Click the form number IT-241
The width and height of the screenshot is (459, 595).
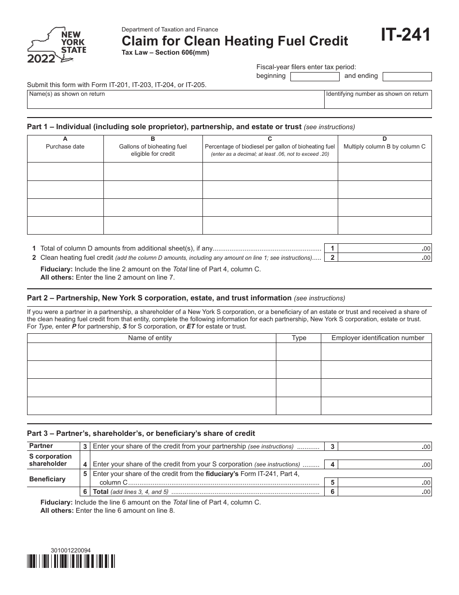click(x=406, y=35)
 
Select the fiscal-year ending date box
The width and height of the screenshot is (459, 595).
click(x=407, y=76)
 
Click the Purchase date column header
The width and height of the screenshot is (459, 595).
click(x=65, y=147)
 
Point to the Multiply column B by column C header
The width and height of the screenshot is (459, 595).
click(x=384, y=147)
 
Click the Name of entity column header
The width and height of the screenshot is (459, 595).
click(x=150, y=338)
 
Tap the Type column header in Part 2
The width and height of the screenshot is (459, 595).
click(x=299, y=338)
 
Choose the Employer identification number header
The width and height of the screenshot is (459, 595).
click(x=377, y=338)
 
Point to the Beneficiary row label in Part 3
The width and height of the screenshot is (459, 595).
click(x=47, y=479)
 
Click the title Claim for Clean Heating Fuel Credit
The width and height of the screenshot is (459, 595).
click(x=235, y=41)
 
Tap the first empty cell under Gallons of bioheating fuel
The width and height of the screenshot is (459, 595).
click(x=153, y=172)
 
